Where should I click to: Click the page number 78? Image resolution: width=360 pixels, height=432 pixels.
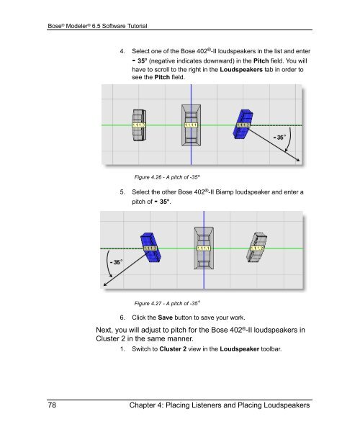point(52,405)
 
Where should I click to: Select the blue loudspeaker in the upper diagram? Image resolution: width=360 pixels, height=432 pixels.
point(243,124)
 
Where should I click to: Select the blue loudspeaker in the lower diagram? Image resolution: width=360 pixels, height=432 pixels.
point(150,247)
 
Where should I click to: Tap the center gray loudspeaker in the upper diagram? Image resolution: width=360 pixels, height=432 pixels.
point(191,125)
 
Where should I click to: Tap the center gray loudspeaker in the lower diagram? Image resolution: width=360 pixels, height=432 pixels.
point(204,248)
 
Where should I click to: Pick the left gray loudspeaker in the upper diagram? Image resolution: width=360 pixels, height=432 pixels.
point(140,125)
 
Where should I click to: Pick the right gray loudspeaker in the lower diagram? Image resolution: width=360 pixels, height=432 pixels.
point(256,248)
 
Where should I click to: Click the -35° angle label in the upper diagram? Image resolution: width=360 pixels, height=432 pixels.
point(279,138)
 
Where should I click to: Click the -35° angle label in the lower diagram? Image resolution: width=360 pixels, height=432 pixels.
point(116,262)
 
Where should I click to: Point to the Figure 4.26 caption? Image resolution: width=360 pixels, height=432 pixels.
point(167,177)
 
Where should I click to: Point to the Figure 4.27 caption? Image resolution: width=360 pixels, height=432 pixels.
point(167,303)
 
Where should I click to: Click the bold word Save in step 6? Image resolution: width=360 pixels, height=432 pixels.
point(166,318)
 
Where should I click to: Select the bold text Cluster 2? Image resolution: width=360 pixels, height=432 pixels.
point(173,348)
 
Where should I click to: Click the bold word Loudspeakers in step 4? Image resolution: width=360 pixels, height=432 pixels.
point(241,69)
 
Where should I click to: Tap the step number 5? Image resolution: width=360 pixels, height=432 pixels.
point(122,192)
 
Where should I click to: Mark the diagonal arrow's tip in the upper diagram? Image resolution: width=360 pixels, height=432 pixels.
point(300,161)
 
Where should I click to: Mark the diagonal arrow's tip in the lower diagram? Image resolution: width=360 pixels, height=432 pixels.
point(103,286)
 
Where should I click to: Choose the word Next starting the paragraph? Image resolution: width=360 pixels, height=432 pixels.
point(104,330)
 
